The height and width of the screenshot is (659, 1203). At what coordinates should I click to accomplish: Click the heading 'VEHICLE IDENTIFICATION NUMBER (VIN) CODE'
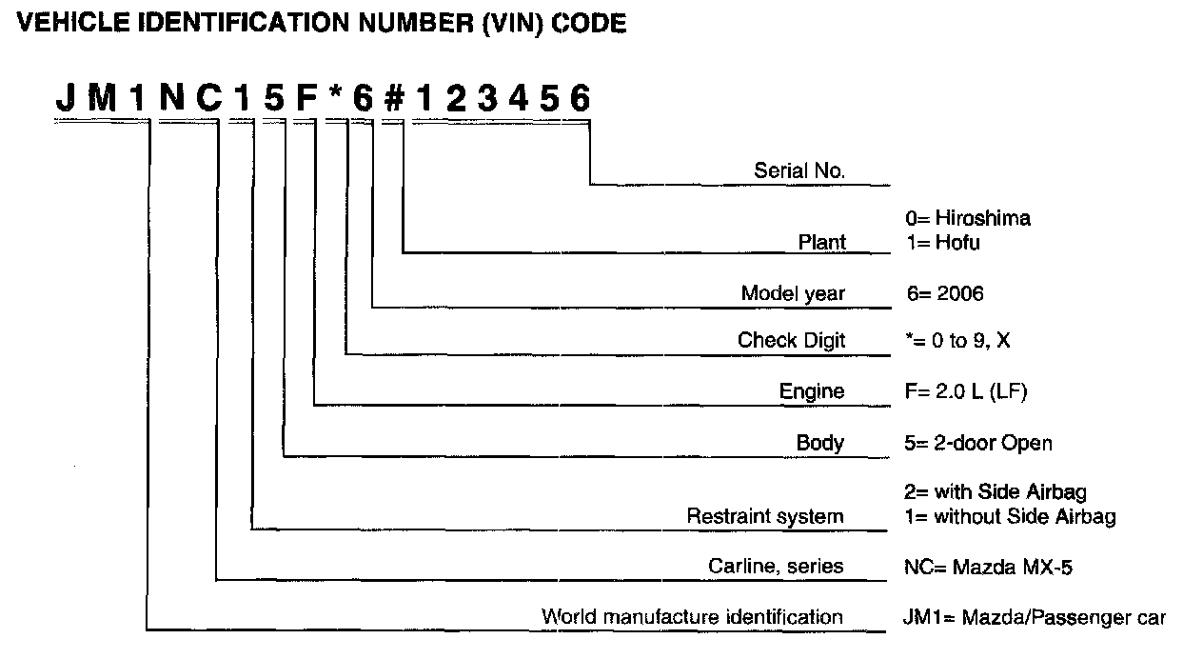(322, 25)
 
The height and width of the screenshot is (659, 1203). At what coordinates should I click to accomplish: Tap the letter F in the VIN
(307, 98)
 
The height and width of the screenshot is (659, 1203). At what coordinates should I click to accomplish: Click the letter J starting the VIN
(65, 98)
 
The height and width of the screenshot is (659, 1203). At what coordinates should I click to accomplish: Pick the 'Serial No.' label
(799, 171)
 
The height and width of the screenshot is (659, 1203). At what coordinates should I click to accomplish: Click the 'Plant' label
(821, 242)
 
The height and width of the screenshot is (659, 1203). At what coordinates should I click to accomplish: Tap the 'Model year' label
(793, 293)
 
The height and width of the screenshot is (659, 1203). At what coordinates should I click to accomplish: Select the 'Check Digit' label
(791, 340)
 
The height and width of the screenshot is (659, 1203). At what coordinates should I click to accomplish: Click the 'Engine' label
(812, 391)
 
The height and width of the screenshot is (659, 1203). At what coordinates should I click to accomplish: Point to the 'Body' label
(820, 443)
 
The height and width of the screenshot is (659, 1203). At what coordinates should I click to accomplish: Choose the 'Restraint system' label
(765, 517)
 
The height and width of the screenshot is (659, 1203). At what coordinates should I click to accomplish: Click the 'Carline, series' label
(776, 567)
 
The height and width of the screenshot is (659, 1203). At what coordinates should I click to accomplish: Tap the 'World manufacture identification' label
(692, 617)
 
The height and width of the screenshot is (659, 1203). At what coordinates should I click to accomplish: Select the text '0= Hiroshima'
(968, 218)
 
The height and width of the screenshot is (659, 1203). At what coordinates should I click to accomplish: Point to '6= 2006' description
(945, 293)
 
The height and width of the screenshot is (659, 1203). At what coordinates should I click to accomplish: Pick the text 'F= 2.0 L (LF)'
(965, 391)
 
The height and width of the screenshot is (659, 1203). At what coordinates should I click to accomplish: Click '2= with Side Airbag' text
(995, 492)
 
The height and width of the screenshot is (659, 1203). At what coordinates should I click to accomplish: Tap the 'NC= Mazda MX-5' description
(988, 568)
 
